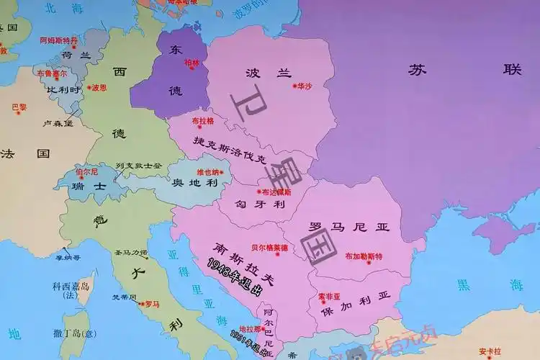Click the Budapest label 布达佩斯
click(x=277, y=192)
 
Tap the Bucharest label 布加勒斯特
click(x=364, y=256)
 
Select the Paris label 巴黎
click(x=19, y=107)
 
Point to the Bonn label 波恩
click(x=99, y=87)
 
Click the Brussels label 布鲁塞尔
click(x=51, y=73)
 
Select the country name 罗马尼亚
click(x=348, y=228)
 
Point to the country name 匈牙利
click(x=265, y=205)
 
